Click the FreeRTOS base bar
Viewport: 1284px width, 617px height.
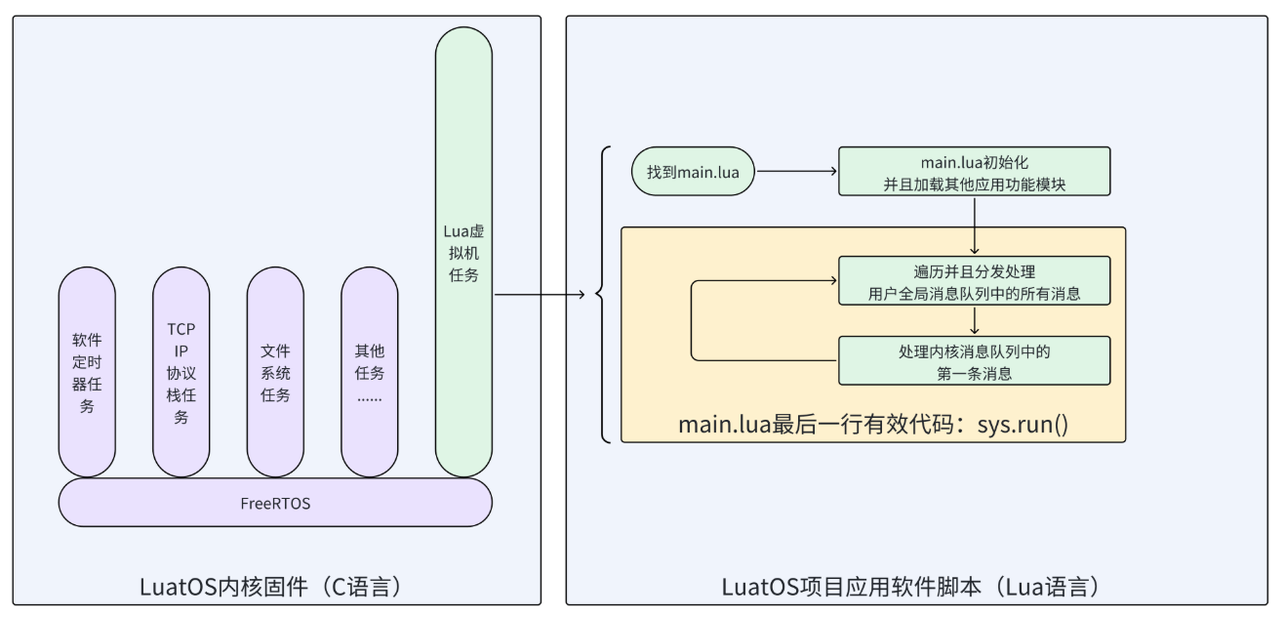(x=275, y=503)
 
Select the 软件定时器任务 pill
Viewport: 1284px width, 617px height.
(x=87, y=372)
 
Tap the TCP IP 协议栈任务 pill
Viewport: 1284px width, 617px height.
(x=181, y=372)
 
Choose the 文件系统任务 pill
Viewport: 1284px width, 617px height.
(x=275, y=372)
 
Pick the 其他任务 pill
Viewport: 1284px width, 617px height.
(x=370, y=372)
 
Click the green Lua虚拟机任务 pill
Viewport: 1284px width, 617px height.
(x=463, y=252)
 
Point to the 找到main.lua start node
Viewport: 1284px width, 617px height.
(x=693, y=172)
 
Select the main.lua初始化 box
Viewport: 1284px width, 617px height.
(x=974, y=172)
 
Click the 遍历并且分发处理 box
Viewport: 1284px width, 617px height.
(x=974, y=281)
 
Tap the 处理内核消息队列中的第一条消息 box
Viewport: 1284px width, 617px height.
(x=974, y=360)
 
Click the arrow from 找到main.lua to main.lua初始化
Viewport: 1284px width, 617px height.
(x=796, y=172)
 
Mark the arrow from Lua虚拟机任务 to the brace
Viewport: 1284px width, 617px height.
(x=542, y=293)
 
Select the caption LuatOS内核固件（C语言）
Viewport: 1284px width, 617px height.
(x=275, y=587)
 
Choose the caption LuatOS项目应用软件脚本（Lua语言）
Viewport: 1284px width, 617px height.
(x=917, y=587)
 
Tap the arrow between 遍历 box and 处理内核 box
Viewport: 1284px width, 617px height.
(x=974, y=321)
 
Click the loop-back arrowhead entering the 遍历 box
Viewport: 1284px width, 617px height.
(x=831, y=281)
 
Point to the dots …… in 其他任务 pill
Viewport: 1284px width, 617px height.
(x=370, y=397)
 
